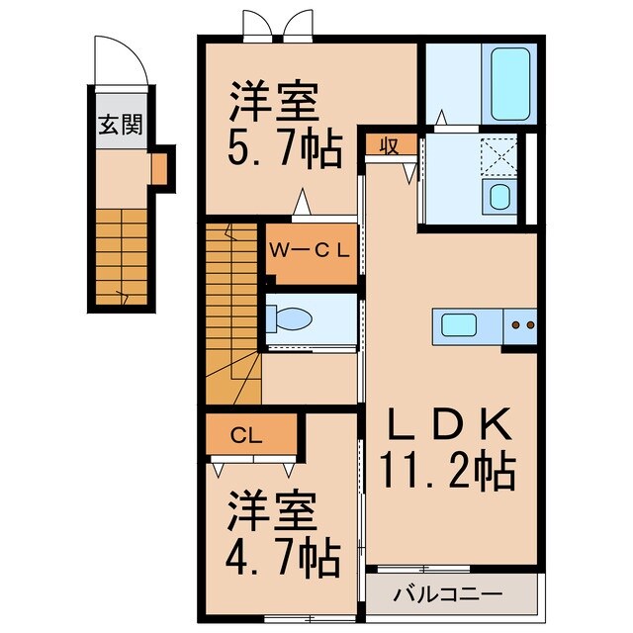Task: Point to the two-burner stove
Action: (520, 323)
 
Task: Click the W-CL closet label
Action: (310, 249)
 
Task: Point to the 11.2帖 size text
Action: (448, 471)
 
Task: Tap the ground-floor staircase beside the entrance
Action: (122, 257)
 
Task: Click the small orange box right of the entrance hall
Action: (160, 170)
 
